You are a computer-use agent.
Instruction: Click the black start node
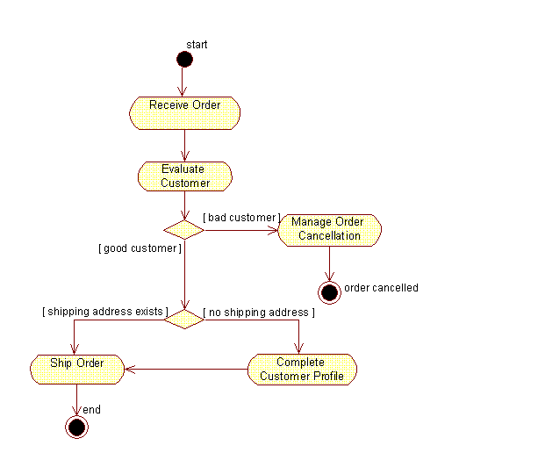pyautogui.click(x=183, y=59)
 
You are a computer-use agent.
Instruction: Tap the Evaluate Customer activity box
pyautogui.click(x=184, y=176)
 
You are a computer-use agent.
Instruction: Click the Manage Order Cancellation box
pyautogui.click(x=329, y=229)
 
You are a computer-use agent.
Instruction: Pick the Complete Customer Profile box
pyautogui.click(x=301, y=369)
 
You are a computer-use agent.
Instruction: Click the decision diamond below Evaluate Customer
pyautogui.click(x=184, y=230)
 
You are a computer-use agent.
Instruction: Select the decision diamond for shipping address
pyautogui.click(x=184, y=318)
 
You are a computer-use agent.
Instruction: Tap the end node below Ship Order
pyautogui.click(x=76, y=427)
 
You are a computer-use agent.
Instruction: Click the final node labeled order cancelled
pyautogui.click(x=329, y=292)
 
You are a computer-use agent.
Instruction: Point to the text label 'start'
pyautogui.click(x=197, y=44)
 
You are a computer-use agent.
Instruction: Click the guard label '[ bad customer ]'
pyautogui.click(x=241, y=217)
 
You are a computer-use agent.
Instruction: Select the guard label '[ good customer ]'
pyautogui.click(x=140, y=248)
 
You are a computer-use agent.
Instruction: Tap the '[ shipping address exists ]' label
pyautogui.click(x=104, y=312)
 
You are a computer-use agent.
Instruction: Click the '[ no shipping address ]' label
pyautogui.click(x=259, y=312)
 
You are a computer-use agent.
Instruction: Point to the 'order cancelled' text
pyautogui.click(x=381, y=288)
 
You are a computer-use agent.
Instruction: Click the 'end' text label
pyautogui.click(x=91, y=409)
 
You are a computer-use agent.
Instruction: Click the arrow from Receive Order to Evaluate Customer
pyautogui.click(x=184, y=145)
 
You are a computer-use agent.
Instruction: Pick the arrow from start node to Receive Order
pyautogui.click(x=183, y=82)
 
